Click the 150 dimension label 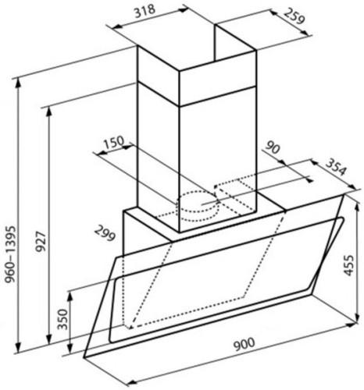(113, 143)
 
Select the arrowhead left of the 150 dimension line (95, 154)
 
